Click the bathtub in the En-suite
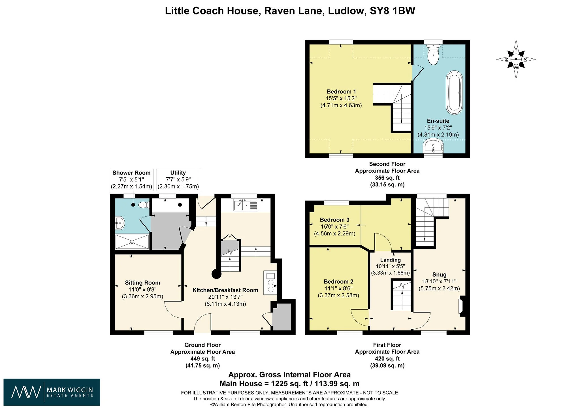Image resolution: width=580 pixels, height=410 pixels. (455, 93)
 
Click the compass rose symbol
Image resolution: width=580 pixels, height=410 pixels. (516, 59)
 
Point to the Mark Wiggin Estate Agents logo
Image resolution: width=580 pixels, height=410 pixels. (52, 392)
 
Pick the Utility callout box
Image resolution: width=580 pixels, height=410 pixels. (178, 180)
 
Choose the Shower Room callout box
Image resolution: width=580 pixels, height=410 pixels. (131, 180)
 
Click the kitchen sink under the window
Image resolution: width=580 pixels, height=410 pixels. (246, 205)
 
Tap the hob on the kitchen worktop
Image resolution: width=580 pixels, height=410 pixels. (270, 282)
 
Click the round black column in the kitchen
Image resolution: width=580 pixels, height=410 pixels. (217, 274)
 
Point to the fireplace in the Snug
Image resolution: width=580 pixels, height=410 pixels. (462, 306)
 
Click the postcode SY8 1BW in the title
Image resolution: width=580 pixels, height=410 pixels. (393, 11)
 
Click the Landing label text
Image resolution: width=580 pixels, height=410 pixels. (390, 260)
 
